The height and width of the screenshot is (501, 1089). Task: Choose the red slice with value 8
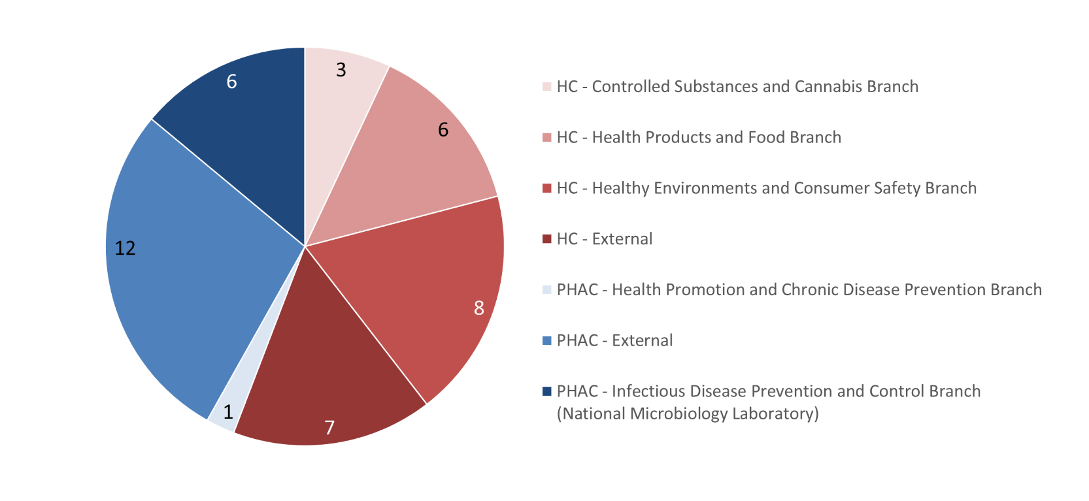point(418,291)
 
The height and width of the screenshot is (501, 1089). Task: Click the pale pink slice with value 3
point(335,121)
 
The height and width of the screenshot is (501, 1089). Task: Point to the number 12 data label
point(125,248)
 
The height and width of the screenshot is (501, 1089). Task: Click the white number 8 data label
point(479,308)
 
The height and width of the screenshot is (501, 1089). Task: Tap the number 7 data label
point(329,428)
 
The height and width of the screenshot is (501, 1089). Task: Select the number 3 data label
point(341,70)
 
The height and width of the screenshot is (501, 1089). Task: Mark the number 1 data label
point(228,412)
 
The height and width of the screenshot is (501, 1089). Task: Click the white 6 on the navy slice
point(232,82)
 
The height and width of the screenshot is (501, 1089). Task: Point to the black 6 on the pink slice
point(443,130)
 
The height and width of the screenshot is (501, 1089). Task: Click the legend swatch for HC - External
point(547,239)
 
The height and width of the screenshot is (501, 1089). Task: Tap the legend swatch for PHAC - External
point(547,341)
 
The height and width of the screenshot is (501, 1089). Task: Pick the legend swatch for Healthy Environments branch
point(547,188)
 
